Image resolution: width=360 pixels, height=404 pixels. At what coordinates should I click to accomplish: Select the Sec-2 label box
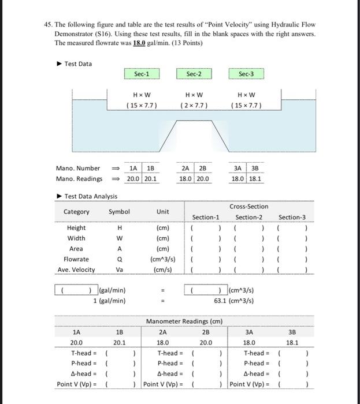194,74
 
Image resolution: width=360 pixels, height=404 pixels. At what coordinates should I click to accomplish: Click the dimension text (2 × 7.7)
194,105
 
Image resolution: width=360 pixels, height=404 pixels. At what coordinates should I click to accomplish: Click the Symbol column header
119,212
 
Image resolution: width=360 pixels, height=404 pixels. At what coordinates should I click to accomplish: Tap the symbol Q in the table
119,259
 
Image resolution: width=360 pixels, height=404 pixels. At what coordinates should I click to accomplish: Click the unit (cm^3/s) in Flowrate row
162,259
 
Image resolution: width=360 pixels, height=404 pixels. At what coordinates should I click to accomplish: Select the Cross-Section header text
248,207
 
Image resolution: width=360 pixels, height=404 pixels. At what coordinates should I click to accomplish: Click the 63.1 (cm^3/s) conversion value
233,301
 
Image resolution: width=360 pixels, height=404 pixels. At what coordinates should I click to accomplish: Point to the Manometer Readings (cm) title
184,321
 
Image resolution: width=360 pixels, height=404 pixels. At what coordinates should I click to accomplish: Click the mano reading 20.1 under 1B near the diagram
150,179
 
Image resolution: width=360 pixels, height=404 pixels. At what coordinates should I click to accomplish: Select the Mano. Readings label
79,179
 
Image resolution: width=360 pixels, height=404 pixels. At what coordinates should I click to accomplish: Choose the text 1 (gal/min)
110,301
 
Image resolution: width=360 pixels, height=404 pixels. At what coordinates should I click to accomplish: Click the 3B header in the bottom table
292,332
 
